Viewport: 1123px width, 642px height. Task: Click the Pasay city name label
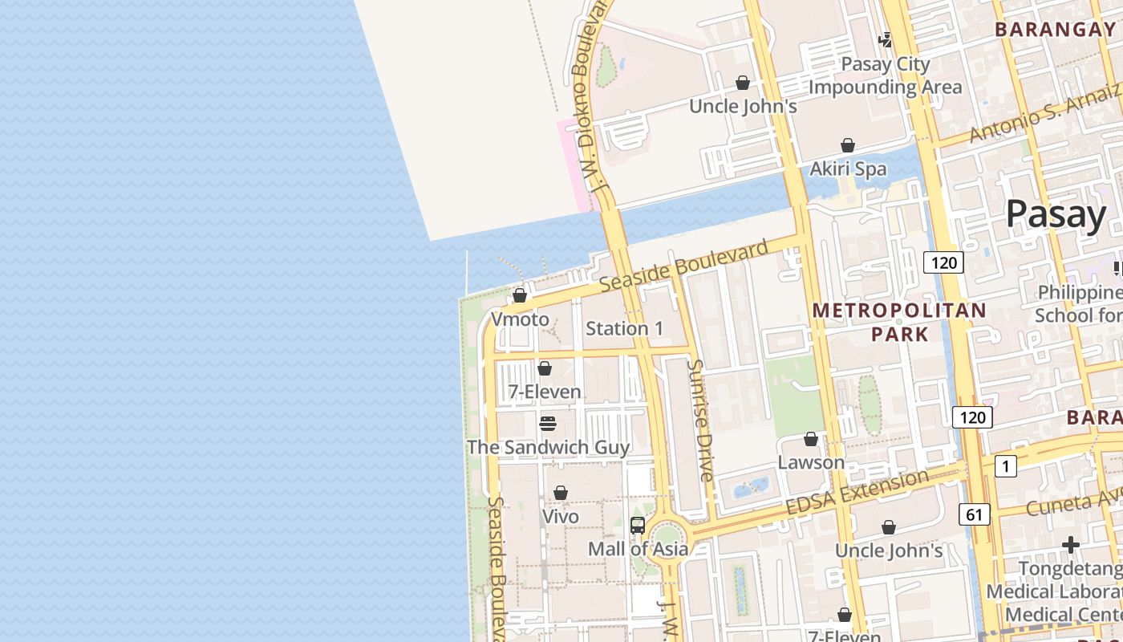click(1056, 214)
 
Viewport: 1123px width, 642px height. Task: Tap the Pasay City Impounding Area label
click(885, 75)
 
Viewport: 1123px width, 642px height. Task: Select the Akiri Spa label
click(848, 169)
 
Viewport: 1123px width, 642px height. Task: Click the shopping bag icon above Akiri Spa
click(848, 145)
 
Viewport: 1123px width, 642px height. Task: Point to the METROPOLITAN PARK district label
click(899, 322)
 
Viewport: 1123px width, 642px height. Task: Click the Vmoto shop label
click(520, 319)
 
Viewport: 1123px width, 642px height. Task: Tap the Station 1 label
click(624, 328)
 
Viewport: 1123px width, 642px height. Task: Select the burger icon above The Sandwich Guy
click(548, 423)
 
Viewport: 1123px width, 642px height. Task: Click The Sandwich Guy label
click(548, 447)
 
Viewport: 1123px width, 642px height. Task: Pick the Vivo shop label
click(561, 516)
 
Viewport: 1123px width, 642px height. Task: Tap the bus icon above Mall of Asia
click(638, 526)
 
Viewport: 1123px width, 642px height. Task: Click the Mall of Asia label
click(638, 549)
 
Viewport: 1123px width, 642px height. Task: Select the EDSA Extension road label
click(857, 493)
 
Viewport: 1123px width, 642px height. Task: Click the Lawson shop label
click(811, 462)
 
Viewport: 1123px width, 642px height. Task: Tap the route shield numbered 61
click(974, 514)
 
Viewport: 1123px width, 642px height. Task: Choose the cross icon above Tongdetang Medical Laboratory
click(1071, 546)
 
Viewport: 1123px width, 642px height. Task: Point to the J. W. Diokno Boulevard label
click(591, 96)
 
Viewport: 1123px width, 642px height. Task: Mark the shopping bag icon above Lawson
click(811, 439)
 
